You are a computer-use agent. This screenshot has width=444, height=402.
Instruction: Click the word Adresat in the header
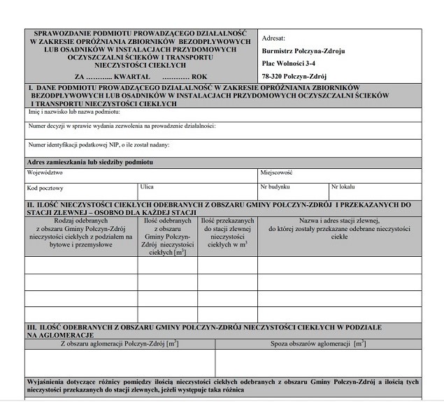point(273,39)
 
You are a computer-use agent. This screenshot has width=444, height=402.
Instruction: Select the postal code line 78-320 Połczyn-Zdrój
point(294,77)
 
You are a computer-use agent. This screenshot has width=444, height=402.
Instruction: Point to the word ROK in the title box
point(200,75)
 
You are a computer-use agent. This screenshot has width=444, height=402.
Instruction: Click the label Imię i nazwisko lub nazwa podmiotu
point(74,112)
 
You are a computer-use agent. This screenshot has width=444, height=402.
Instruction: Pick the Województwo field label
point(45,172)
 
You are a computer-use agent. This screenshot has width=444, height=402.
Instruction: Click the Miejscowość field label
point(276,172)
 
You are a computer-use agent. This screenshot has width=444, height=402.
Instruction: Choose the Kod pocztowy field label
point(45,188)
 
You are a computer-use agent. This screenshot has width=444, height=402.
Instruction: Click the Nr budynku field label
point(273,188)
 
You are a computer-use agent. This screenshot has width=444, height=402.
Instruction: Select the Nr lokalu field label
point(343,188)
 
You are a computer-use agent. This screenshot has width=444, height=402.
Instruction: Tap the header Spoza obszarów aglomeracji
point(318,344)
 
